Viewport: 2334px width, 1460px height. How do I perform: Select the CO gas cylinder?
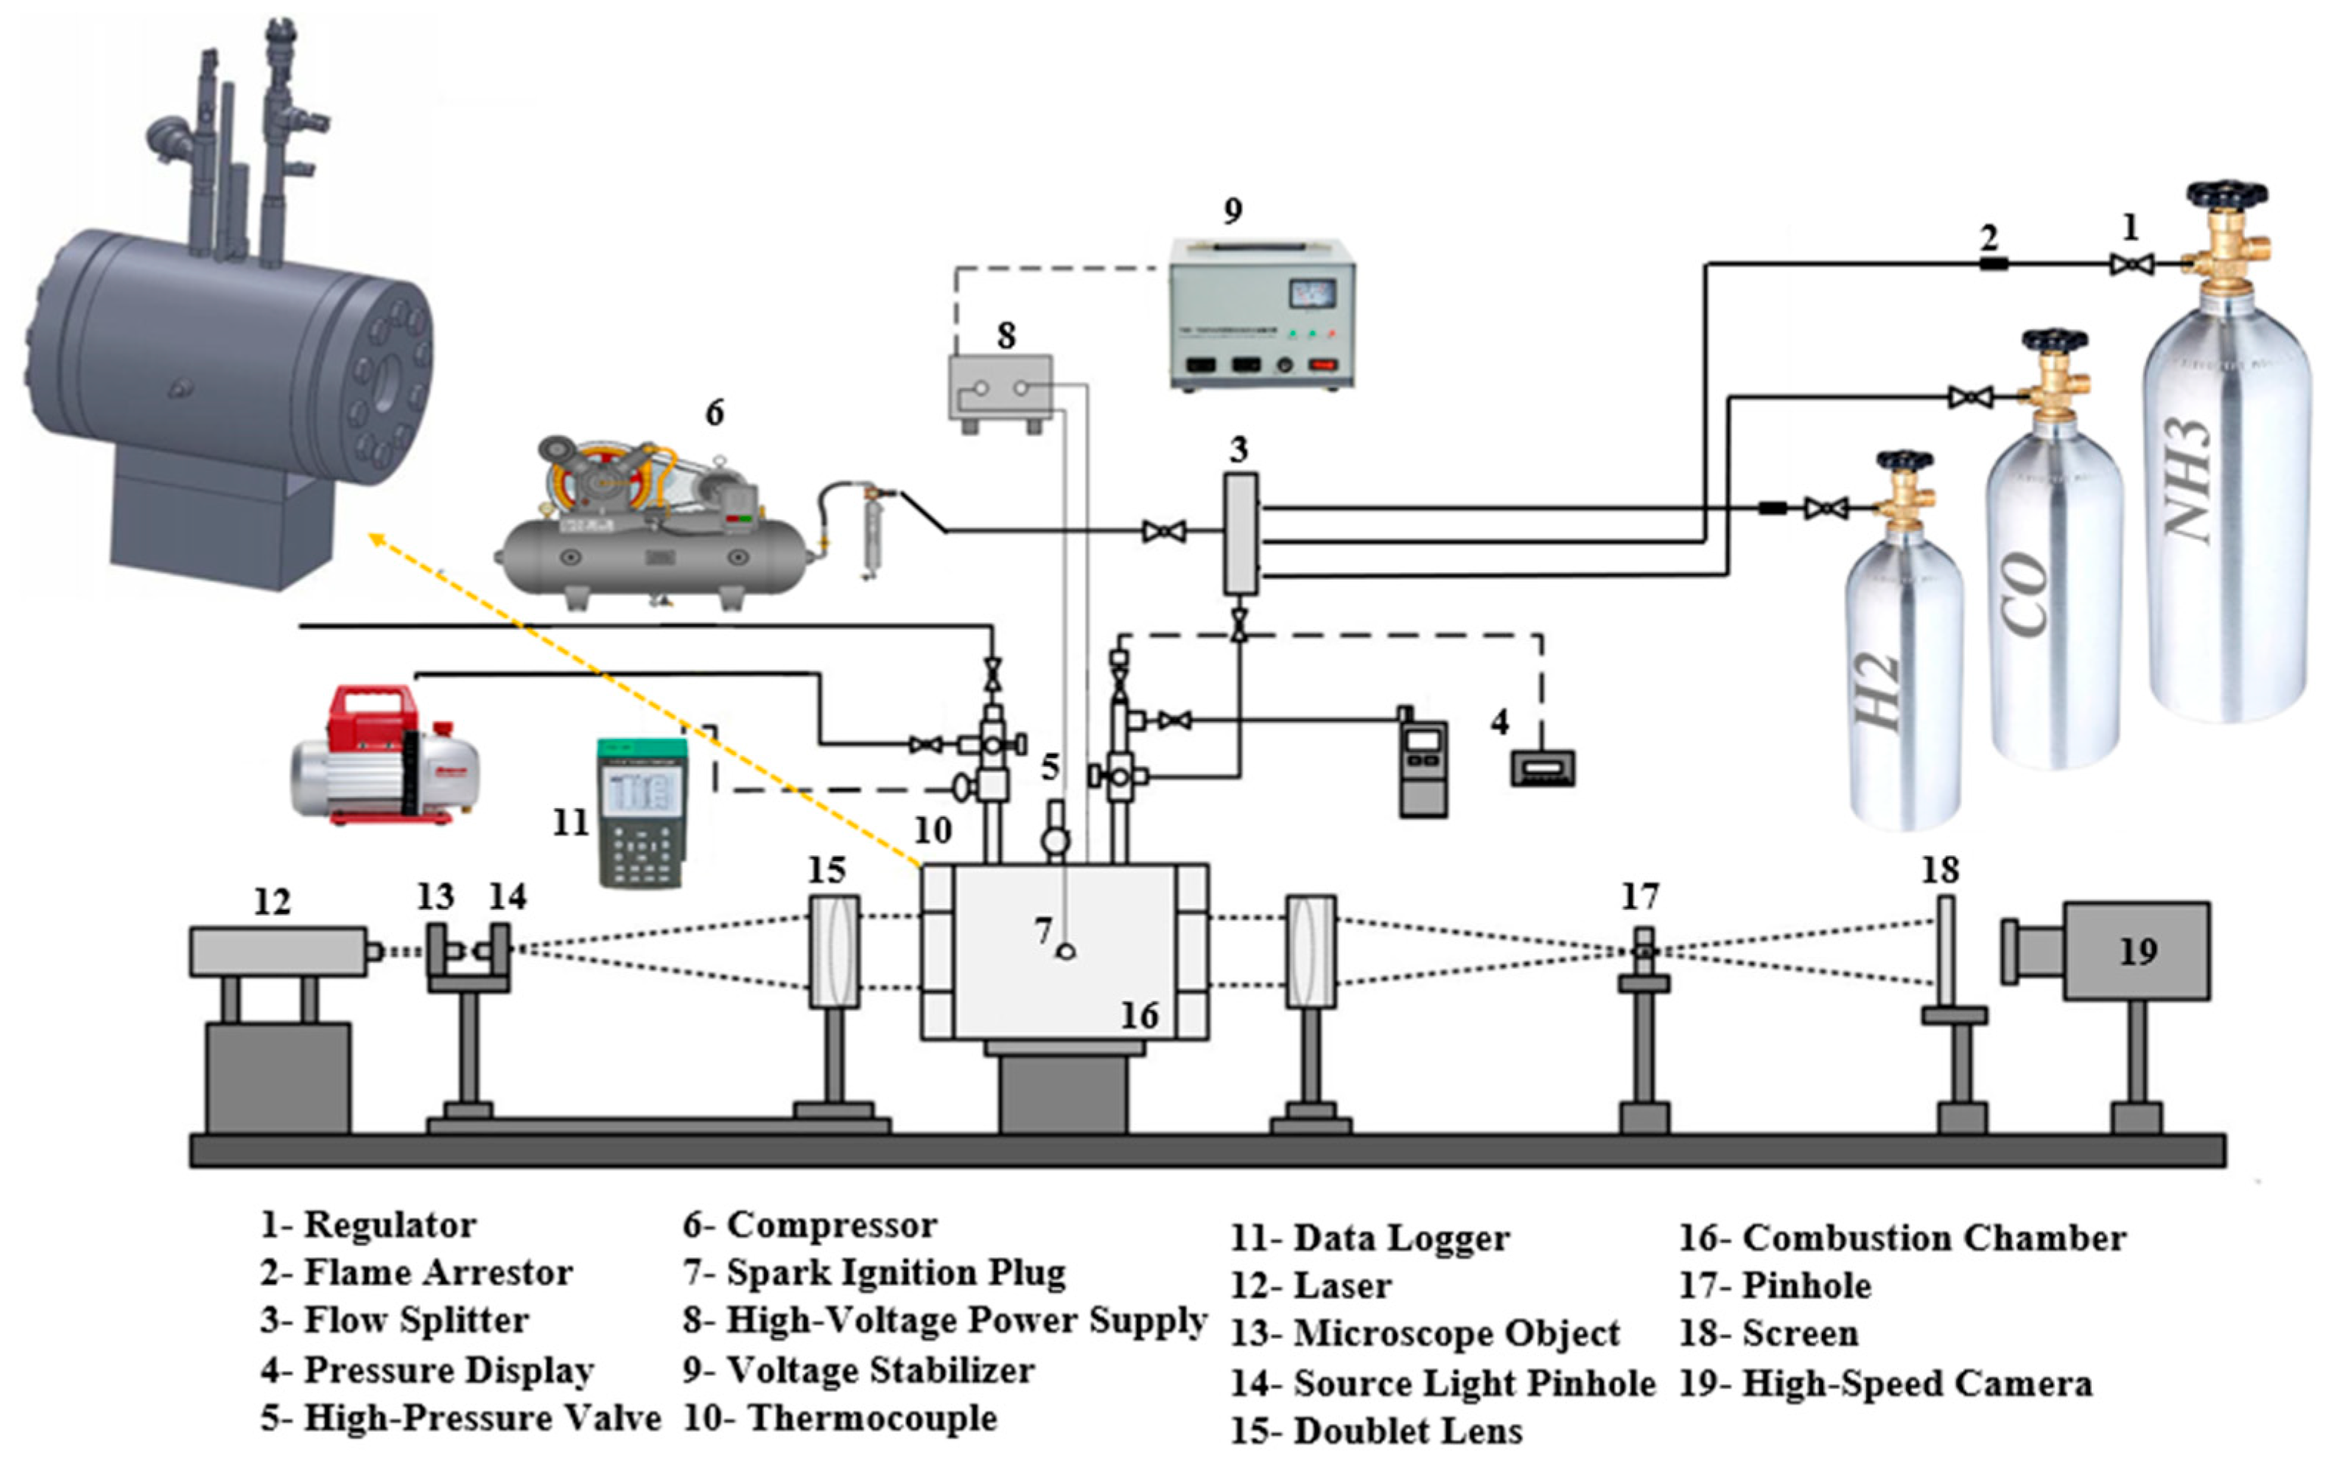pyautogui.click(x=2054, y=599)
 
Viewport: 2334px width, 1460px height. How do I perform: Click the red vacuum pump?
pyautogui.click(x=386, y=758)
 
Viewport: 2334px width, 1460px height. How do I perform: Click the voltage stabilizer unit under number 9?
pyautogui.click(x=1261, y=314)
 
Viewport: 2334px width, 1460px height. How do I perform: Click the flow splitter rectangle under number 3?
pyautogui.click(x=1241, y=533)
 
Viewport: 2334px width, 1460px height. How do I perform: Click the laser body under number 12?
pyautogui.click(x=277, y=951)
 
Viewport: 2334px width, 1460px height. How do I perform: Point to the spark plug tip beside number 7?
pyautogui.click(x=1066, y=952)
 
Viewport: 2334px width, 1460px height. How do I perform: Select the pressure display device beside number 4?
pyautogui.click(x=1542, y=768)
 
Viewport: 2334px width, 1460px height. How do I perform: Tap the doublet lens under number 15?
pyautogui.click(x=833, y=951)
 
